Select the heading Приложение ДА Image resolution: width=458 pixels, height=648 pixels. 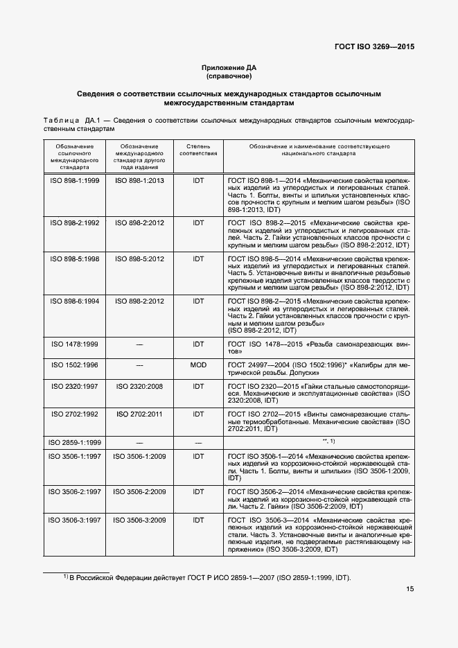point(229,67)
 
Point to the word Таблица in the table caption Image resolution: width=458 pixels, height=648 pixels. point(62,121)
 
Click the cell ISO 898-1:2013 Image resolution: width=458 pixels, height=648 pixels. point(141,180)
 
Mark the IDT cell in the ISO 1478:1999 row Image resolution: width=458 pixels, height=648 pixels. point(198,343)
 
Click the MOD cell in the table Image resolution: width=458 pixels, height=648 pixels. point(198,365)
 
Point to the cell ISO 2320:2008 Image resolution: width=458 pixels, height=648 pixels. point(141,386)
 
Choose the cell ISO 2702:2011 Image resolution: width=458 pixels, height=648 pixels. point(141,414)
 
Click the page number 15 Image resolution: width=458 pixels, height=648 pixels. point(410,589)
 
